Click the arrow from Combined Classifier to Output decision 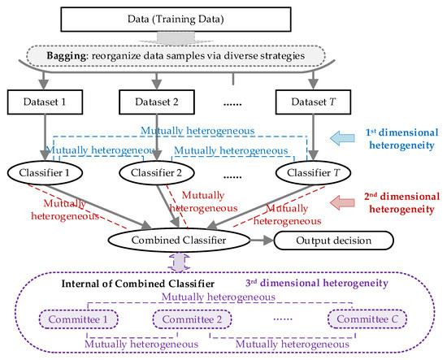[x=261, y=240]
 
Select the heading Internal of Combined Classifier [x=132, y=284]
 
